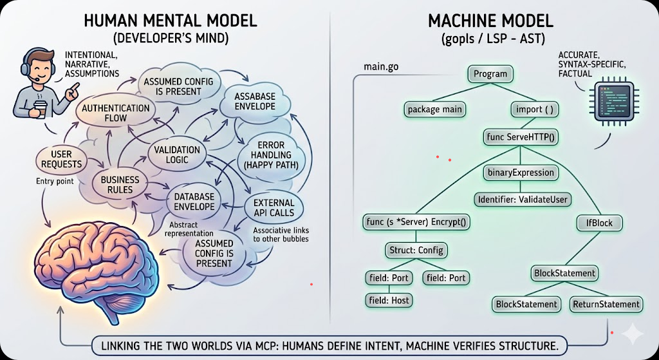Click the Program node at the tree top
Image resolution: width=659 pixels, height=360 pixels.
point(490,74)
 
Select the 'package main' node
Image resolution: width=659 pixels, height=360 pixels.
point(435,109)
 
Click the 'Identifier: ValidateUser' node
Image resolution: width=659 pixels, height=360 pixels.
point(523,200)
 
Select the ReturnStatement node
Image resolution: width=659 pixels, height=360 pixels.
point(606,304)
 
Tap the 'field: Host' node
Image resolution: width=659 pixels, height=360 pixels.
point(389,299)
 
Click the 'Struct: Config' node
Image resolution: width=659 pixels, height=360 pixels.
point(416,250)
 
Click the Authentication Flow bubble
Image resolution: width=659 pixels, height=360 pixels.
point(116,113)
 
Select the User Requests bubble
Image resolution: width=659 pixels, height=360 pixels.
point(62,158)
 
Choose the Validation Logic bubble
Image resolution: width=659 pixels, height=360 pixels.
point(178,155)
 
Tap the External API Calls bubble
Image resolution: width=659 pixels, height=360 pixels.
point(274,207)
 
